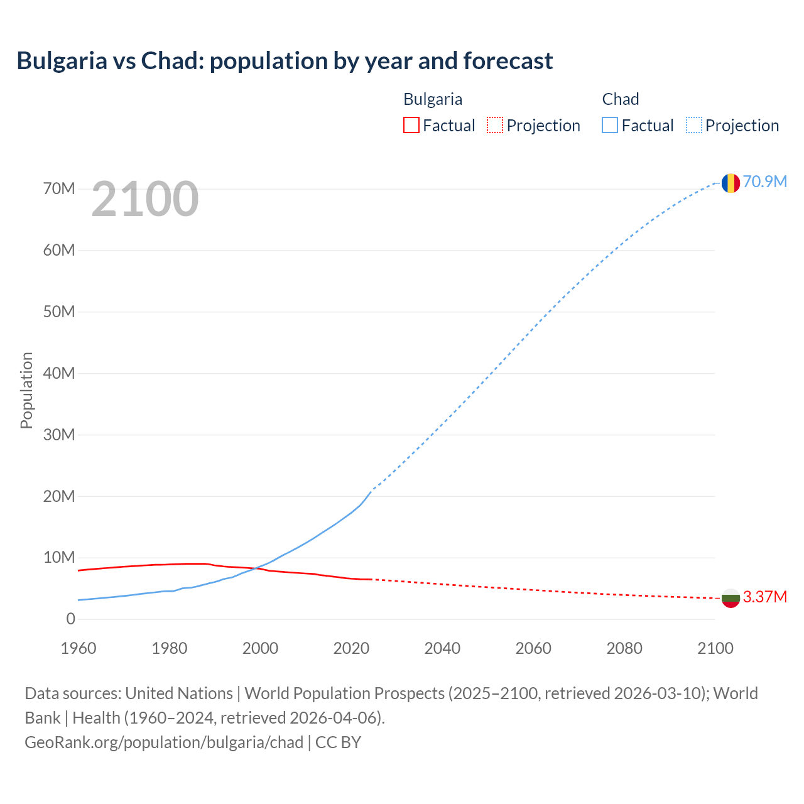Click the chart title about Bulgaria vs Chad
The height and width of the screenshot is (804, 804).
click(x=285, y=61)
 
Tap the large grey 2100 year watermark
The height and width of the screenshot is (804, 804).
click(x=145, y=199)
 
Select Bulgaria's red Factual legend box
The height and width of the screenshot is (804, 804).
click(x=411, y=125)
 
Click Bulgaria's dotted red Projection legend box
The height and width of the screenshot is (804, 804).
click(x=495, y=125)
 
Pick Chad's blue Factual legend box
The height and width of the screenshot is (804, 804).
click(x=610, y=125)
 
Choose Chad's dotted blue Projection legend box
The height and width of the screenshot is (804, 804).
click(x=693, y=125)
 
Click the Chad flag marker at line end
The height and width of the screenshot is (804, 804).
click(x=730, y=183)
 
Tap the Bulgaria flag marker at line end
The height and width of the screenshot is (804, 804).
click(x=730, y=598)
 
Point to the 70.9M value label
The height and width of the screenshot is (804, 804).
click(x=765, y=182)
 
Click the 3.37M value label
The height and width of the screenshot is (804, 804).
click(x=765, y=597)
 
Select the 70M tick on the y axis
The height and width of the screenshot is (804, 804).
click(x=59, y=188)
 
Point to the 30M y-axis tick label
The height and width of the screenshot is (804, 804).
click(x=59, y=435)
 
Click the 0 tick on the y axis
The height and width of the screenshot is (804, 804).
click(x=70, y=619)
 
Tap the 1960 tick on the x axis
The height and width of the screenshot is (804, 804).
click(x=79, y=648)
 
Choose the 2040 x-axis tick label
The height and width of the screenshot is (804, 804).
click(x=442, y=648)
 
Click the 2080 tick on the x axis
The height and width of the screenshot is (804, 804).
click(x=624, y=648)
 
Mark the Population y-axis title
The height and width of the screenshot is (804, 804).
click(x=26, y=390)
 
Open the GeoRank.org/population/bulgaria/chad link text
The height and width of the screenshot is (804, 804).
click(x=164, y=742)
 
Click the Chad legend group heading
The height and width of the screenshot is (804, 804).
click(x=621, y=99)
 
